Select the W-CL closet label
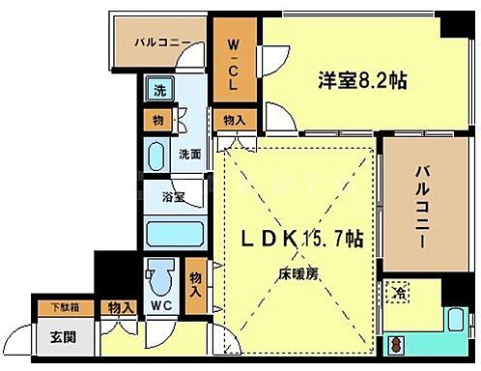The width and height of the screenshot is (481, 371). tap(235, 64)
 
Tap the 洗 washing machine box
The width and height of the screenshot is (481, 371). tap(157, 93)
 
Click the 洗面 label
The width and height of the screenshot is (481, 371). tap(190, 154)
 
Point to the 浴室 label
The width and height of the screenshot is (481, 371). tap(174, 197)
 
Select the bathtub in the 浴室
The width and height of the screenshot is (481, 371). tap(174, 234)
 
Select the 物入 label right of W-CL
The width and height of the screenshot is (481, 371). tap(234, 121)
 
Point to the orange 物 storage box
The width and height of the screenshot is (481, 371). tap(156, 121)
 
